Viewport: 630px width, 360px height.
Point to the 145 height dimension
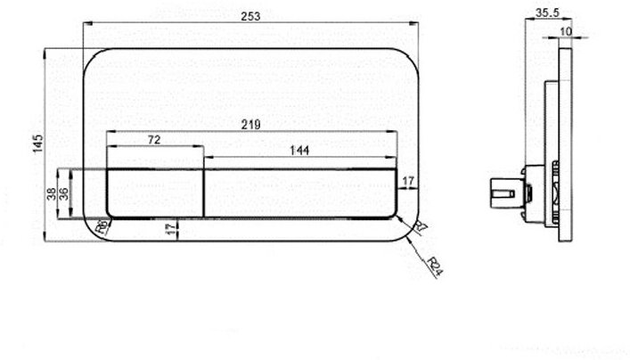37,143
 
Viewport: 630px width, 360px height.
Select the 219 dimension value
251,125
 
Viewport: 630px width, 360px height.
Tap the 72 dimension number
155,141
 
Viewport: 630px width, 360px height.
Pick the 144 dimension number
299,151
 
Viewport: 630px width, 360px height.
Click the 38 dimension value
51,192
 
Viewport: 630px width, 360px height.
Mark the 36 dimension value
63,192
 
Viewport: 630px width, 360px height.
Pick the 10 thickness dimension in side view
566,31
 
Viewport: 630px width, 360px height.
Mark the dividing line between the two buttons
205,192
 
